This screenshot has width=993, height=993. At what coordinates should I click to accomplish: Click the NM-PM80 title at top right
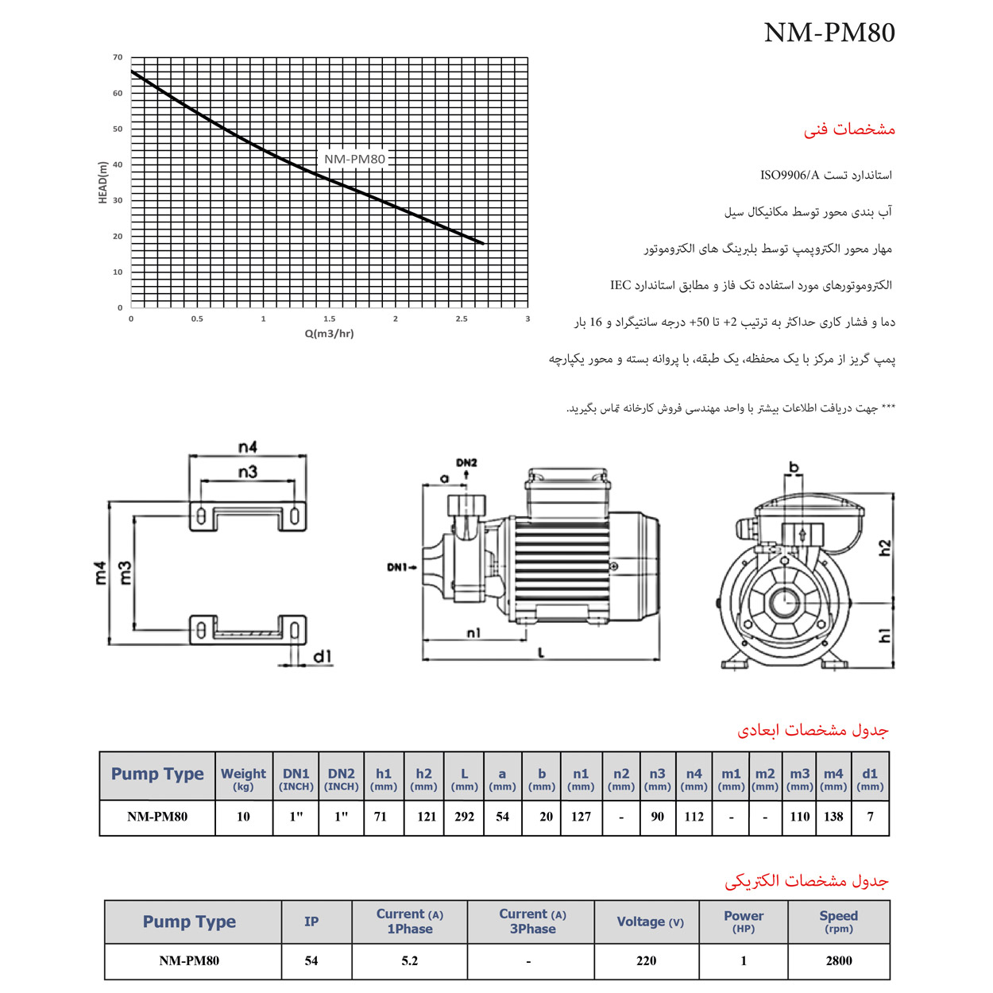coord(829,33)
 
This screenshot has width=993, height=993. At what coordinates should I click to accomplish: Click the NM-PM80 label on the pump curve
coord(354,159)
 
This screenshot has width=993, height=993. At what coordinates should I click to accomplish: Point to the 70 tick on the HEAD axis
coord(118,57)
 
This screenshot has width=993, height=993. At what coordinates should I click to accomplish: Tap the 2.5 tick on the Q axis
coord(462,319)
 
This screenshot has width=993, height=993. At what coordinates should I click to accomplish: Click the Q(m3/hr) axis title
coord(329,334)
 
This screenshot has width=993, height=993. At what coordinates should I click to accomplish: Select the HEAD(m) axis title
coord(102,183)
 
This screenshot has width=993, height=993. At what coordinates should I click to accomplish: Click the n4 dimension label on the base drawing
coord(248,447)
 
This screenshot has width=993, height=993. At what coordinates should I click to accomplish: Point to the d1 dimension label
coord(322,656)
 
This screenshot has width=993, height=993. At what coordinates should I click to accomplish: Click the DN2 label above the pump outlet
coord(466,462)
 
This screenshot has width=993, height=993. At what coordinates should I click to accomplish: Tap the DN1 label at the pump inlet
coord(398,567)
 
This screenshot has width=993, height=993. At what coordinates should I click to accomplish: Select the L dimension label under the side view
coord(542,653)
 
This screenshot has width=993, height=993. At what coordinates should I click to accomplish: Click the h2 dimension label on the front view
coord(885,547)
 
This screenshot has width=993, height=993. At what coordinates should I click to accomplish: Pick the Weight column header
coord(243,778)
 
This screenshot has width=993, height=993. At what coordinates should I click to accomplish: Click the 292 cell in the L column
coord(465,817)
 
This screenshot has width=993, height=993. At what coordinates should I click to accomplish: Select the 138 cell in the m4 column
coord(833,817)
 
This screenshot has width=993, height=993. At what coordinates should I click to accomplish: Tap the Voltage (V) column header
coord(650,922)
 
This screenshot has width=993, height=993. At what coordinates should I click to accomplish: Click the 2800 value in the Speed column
coord(838,961)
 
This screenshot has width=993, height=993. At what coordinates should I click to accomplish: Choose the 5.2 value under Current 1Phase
coord(409,961)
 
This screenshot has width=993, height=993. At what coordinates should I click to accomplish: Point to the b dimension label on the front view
coord(793,468)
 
